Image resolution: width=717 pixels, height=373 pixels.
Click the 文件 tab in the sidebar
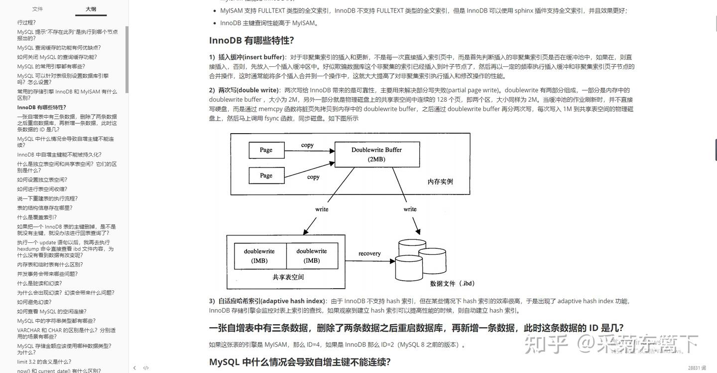pyautogui.click(x=37, y=9)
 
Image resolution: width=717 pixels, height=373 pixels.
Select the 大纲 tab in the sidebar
pyautogui.click(x=91, y=9)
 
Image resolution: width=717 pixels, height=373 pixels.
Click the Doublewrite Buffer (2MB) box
pyautogui.click(x=376, y=154)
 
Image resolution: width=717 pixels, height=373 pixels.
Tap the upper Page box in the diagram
pyautogui.click(x=266, y=150)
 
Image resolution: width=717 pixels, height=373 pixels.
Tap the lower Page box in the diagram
pyautogui.click(x=266, y=176)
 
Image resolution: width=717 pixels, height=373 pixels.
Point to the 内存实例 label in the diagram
pyautogui.click(x=440, y=182)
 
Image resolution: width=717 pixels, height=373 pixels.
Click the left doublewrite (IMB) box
pyautogui.click(x=259, y=256)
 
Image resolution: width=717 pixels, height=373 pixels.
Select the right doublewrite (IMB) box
pyautogui.click(x=312, y=256)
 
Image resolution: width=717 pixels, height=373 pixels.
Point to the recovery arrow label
pyautogui.click(x=369, y=254)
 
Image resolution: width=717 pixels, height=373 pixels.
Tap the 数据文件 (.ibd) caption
pyautogui.click(x=452, y=283)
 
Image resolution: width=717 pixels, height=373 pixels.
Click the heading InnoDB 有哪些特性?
pyautogui.click(x=251, y=41)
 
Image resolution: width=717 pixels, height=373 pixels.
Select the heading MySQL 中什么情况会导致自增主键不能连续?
pyautogui.click(x=300, y=362)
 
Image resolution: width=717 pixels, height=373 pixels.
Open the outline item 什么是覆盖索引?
pyautogui.click(x=37, y=217)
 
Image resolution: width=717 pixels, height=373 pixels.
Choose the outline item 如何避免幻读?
pyautogui.click(x=34, y=302)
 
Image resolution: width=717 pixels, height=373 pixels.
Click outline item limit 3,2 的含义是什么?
pyautogui.click(x=44, y=362)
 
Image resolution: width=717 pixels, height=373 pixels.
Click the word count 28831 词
pyautogui.click(x=697, y=368)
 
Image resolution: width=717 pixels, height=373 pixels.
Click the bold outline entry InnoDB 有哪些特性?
pyautogui.click(x=42, y=107)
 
